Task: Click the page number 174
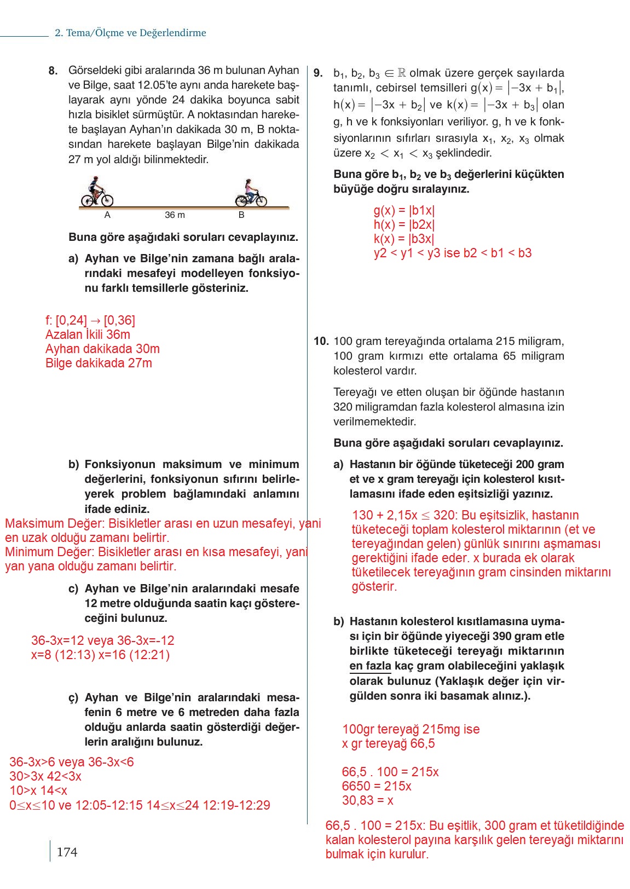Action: point(67,852)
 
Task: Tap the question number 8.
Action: point(53,71)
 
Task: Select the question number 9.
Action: point(319,73)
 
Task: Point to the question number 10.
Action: point(321,341)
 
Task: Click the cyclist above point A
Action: point(97,192)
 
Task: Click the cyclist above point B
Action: point(251,193)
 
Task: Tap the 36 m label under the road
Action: point(175,215)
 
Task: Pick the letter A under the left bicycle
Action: point(107,215)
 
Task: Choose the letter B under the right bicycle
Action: point(241,215)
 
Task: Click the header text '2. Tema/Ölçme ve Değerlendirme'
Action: point(130,33)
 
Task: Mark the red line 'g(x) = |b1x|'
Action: point(404,210)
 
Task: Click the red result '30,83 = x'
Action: point(367,800)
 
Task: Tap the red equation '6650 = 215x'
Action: point(377,786)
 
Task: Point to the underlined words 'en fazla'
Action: point(370,666)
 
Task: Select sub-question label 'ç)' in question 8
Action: point(74,698)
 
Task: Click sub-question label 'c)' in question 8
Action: point(73,589)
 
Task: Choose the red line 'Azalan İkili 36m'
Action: point(88,334)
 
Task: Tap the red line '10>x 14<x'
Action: point(38,790)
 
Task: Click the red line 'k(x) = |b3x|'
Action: point(403,239)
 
